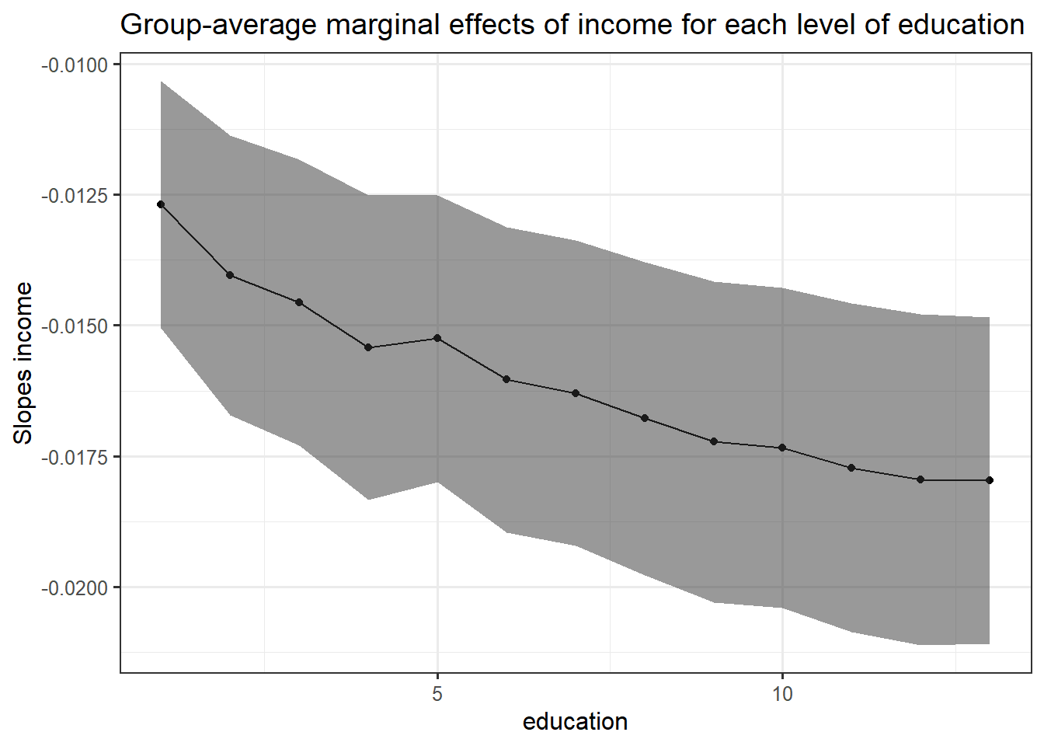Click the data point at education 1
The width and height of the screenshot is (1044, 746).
[x=161, y=204]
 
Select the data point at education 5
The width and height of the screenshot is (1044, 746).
[x=437, y=338]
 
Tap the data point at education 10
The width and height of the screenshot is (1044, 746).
[x=782, y=448]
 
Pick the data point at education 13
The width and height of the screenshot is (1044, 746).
[x=990, y=480]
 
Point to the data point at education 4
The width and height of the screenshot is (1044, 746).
[x=368, y=347]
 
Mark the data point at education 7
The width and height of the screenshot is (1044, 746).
[x=576, y=393]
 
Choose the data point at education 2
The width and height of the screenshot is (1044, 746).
[x=230, y=275]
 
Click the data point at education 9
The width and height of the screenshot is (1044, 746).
[x=714, y=441]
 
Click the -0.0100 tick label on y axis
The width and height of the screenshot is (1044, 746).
[x=75, y=64]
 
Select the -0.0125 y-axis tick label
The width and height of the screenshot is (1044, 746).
[x=75, y=195]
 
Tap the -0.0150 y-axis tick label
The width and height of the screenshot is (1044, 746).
[x=75, y=326]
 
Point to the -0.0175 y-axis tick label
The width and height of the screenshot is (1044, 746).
[x=75, y=457]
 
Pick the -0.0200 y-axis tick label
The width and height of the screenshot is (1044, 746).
[x=75, y=587]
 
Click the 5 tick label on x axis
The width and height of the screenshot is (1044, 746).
[x=437, y=694]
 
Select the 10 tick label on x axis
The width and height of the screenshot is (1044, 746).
[x=782, y=694]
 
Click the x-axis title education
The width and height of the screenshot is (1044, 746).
[x=575, y=722]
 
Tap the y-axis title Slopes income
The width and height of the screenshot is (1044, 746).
[x=23, y=363]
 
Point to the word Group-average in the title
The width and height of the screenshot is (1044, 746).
[x=219, y=26]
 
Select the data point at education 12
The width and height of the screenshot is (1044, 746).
[x=920, y=479]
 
